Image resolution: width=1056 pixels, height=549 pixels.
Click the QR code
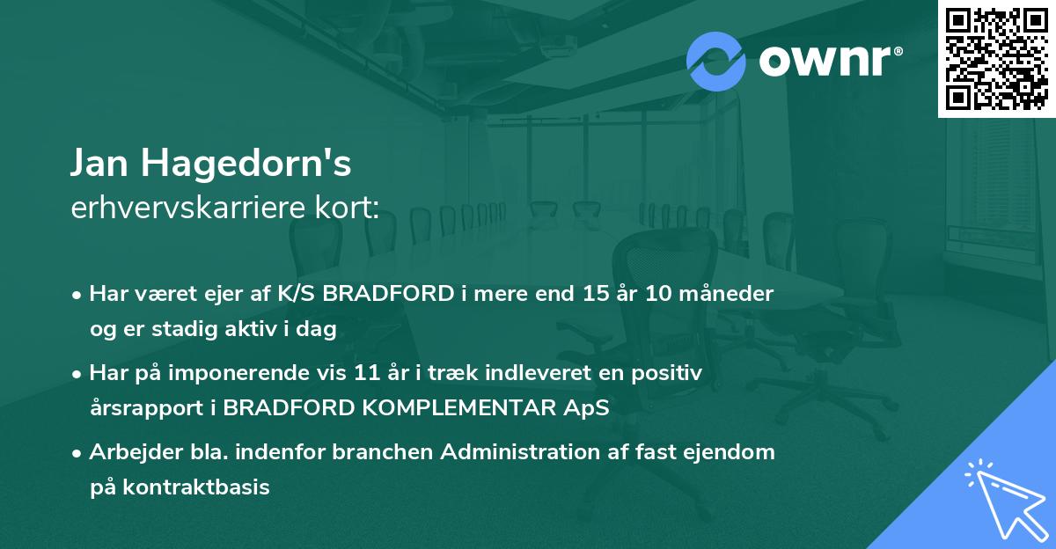996,58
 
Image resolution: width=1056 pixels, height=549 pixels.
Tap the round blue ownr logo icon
715,61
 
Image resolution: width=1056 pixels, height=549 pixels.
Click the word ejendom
735,452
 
